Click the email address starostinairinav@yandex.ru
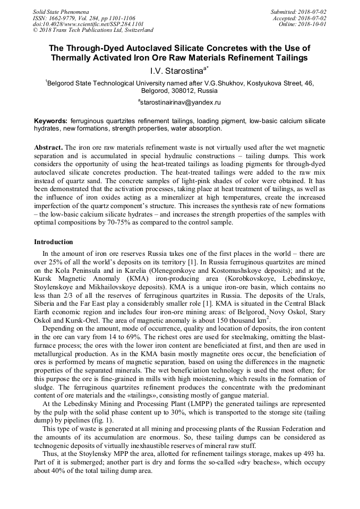coord(180,102)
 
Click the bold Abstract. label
coord(48,146)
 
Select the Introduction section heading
coord(53,242)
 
